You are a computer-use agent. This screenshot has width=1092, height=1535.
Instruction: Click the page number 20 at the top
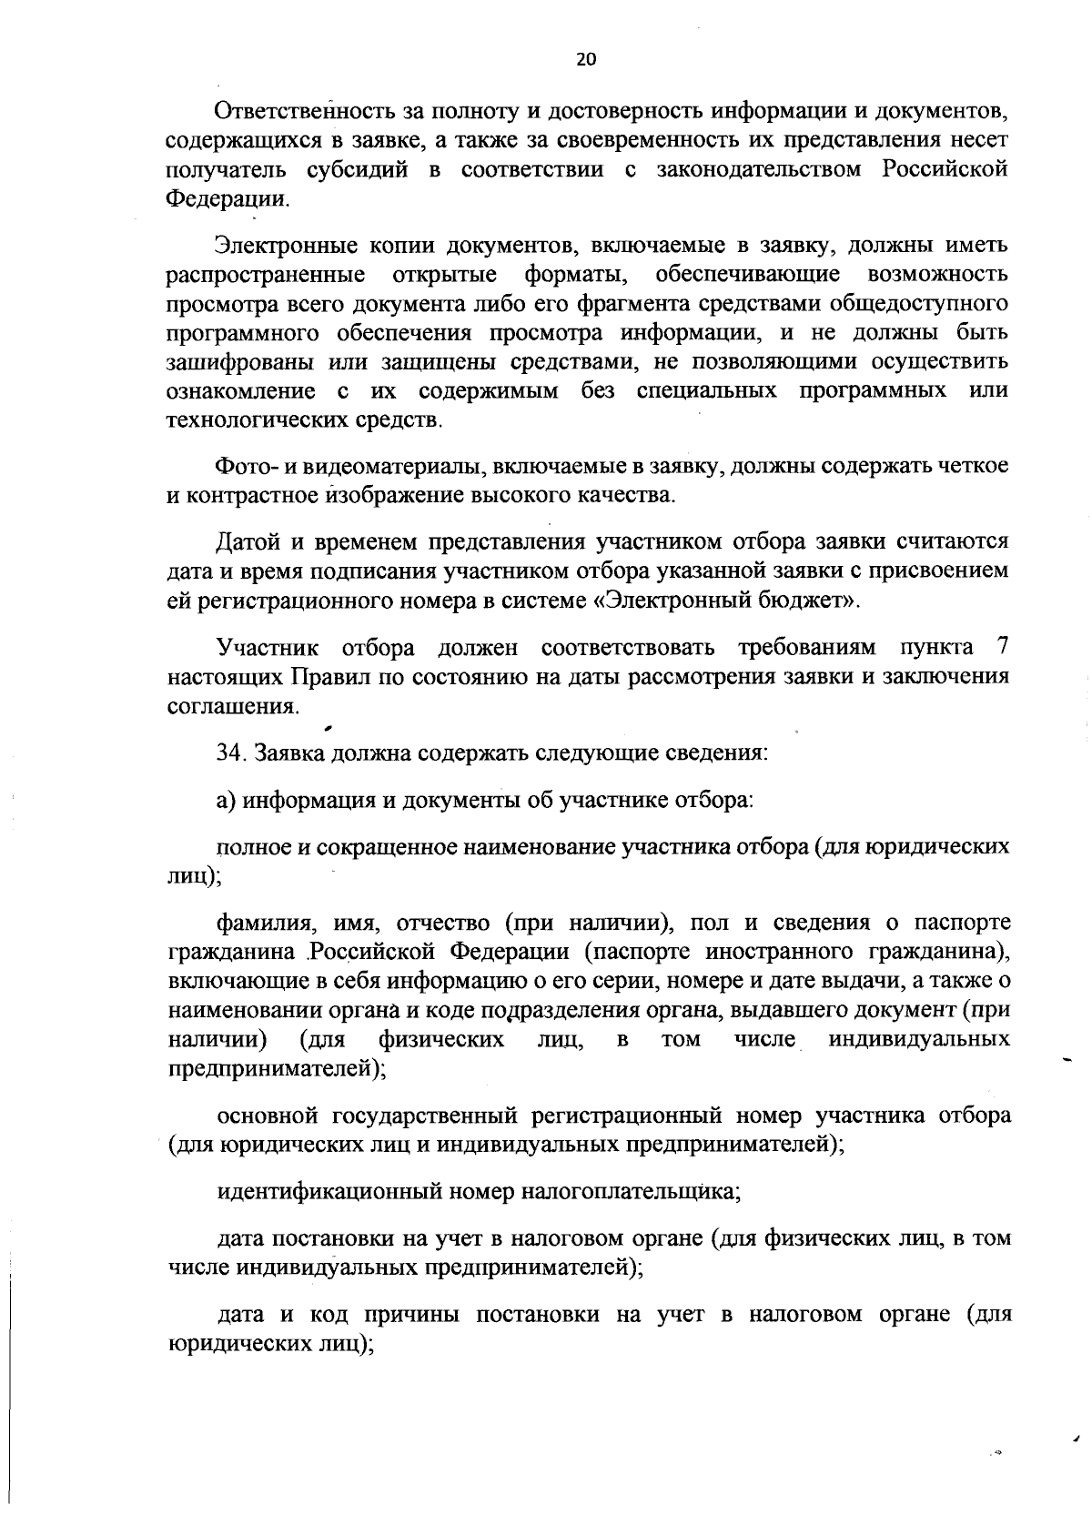coord(586,60)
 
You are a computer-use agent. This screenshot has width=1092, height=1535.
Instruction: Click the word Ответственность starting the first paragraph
coord(305,112)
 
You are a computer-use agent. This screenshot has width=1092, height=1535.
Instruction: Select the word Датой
coord(247,542)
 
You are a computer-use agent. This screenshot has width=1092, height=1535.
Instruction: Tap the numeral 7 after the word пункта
coord(1002,648)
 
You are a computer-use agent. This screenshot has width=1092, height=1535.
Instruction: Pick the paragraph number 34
coord(231,754)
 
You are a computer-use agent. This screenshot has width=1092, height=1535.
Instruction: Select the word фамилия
coord(268,924)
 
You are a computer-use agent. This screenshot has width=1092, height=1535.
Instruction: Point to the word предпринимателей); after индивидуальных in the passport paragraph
coord(278,1068)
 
